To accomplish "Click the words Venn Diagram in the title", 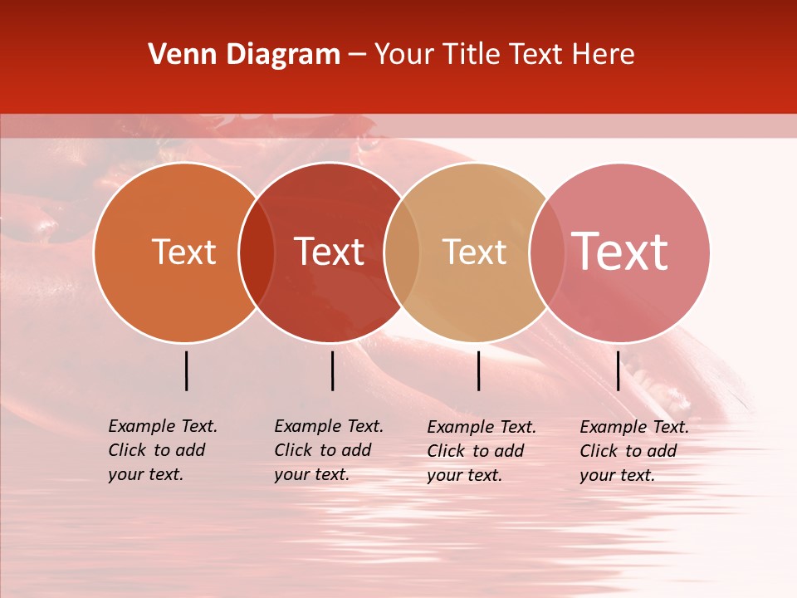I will (x=244, y=55).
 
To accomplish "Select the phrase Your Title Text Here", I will (x=504, y=55).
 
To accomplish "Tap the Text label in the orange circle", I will (x=183, y=252).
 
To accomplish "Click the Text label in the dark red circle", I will (x=329, y=252).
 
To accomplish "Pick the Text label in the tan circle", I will (x=474, y=252).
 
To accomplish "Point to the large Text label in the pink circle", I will (x=619, y=252).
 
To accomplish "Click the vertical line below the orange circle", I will (x=186, y=370).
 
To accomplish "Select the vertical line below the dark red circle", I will (x=332, y=370).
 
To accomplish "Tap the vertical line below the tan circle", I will (x=478, y=370).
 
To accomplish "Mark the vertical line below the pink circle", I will (x=618, y=370).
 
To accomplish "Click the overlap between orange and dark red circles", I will (x=257, y=252).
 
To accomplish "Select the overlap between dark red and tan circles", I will (x=402, y=252).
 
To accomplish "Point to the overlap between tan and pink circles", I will (x=546, y=252).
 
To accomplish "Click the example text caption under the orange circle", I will (x=163, y=450).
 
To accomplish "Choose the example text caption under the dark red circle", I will (x=329, y=450).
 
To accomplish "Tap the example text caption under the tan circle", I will (x=482, y=451).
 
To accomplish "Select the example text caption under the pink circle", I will (x=634, y=451).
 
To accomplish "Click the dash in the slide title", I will (x=357, y=56).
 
